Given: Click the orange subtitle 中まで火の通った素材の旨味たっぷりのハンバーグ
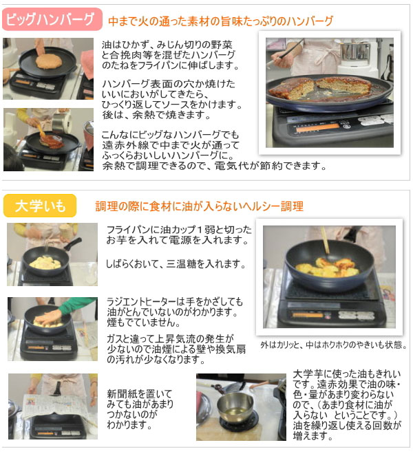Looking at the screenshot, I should (x=220, y=21).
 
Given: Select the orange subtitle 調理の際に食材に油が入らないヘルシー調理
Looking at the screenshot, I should (x=199, y=206).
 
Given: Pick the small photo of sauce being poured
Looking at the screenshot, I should (x=47, y=140).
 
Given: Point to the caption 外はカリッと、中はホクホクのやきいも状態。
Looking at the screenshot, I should (x=333, y=345).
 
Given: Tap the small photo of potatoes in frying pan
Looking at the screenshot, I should (x=52, y=254).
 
